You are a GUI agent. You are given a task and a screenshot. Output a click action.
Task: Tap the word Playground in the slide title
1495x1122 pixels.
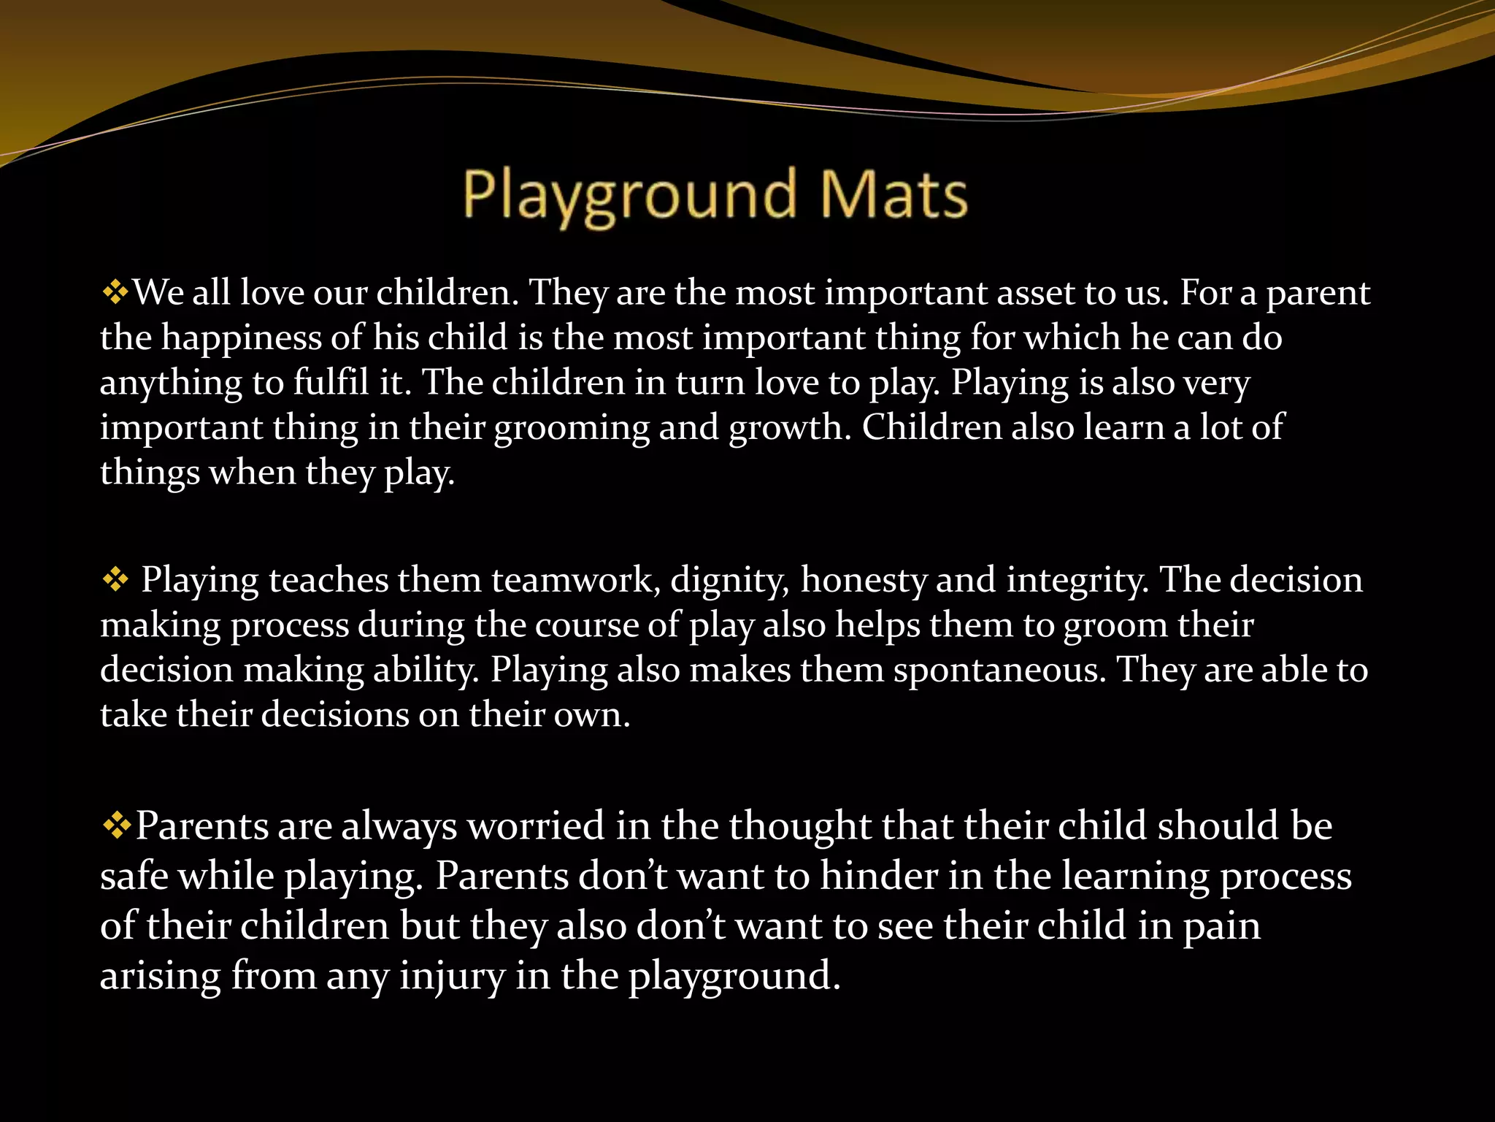point(629,195)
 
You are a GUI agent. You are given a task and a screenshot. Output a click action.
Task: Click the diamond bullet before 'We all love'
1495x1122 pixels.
point(115,294)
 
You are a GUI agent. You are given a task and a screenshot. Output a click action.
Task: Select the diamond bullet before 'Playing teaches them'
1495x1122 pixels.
point(115,581)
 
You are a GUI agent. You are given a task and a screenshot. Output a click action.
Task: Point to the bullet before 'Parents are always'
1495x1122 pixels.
point(116,827)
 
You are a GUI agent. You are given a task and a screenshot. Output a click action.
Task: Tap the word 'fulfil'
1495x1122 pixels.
point(331,383)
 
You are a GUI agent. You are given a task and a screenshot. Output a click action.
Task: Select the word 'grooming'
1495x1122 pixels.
point(572,429)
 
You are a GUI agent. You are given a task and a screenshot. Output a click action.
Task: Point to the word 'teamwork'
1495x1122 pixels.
point(576,581)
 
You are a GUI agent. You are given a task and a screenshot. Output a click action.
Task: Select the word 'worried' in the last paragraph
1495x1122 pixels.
point(536,827)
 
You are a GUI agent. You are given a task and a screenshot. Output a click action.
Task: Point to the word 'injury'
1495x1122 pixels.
point(452,977)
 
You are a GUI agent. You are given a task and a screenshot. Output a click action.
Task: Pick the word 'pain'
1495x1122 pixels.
point(1221,927)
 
